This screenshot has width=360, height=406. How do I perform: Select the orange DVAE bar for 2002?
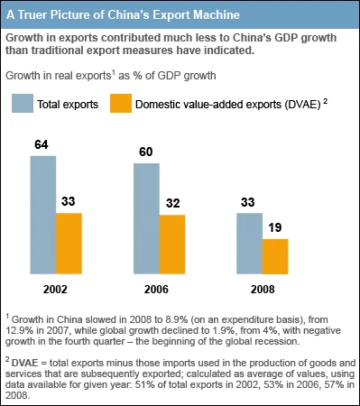tap(69, 243)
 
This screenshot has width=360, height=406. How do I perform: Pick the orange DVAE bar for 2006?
tap(172, 244)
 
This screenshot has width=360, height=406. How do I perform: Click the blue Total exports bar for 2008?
tap(249, 243)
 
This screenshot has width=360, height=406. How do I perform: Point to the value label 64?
tap(42, 143)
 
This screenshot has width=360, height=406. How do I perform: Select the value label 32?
tap(172, 203)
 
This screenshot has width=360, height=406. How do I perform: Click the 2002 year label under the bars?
tap(55, 291)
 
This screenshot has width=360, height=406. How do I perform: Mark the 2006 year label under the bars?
tap(159, 291)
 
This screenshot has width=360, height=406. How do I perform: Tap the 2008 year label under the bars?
tap(262, 291)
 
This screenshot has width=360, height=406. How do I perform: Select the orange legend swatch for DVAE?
tap(120, 105)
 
